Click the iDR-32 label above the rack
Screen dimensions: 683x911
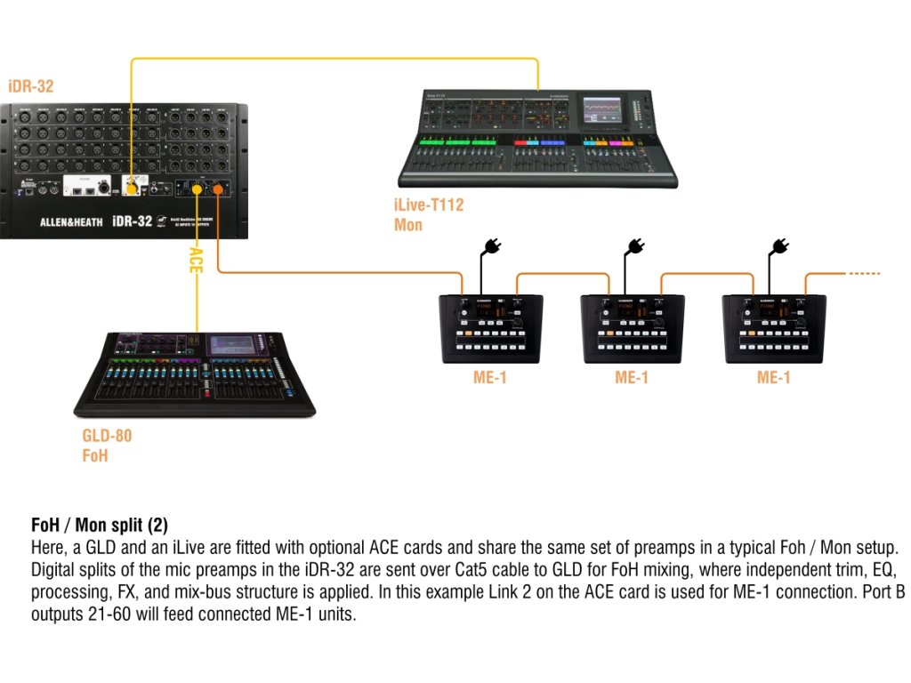coord(32,87)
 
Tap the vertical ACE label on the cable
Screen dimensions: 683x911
coord(196,261)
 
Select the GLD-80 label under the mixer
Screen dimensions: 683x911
coord(107,438)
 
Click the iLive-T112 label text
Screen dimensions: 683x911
coord(429,206)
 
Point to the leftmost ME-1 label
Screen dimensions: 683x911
coord(490,378)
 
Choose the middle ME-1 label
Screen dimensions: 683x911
coord(632,378)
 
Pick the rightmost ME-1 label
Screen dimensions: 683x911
coord(774,378)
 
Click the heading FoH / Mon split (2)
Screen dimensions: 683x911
coord(99,524)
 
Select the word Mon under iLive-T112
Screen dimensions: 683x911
coord(408,225)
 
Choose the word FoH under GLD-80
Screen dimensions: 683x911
coord(95,456)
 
